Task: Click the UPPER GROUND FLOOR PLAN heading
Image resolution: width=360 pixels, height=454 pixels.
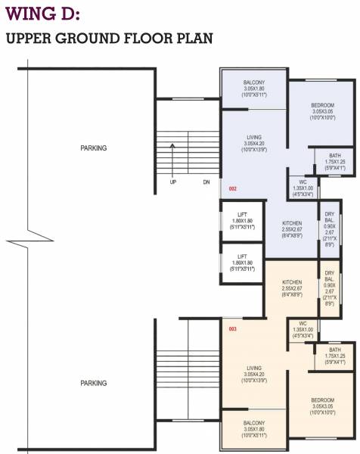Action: click(109, 39)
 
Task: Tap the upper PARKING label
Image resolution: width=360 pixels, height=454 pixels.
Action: click(94, 148)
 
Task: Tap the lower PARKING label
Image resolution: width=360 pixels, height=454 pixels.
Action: click(94, 384)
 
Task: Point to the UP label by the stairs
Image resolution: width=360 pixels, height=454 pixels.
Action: click(173, 182)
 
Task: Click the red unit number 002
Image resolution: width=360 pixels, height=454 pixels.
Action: click(233, 188)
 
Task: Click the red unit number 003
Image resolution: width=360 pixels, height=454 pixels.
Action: click(233, 329)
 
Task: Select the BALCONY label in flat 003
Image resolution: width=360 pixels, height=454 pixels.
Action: click(253, 429)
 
